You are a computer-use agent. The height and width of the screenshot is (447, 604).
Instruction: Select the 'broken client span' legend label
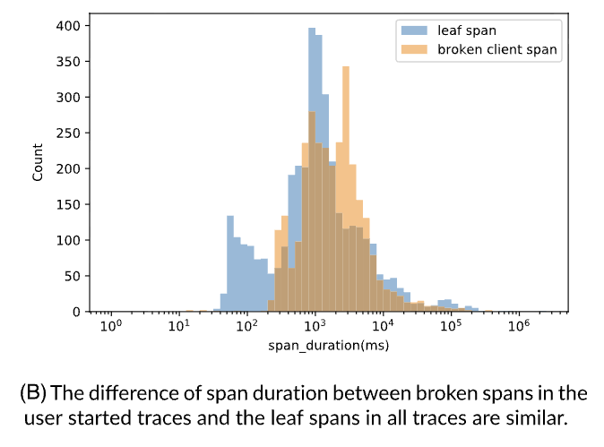[498, 49]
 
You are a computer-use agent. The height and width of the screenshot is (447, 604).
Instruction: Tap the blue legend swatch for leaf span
[413, 29]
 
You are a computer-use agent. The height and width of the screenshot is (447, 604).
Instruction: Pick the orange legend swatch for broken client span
[413, 49]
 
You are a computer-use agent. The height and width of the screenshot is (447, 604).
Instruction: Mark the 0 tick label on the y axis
[78, 312]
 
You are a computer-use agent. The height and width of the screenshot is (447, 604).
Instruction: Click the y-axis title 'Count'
[39, 163]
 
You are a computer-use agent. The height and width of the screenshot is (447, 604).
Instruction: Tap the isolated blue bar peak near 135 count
[230, 263]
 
